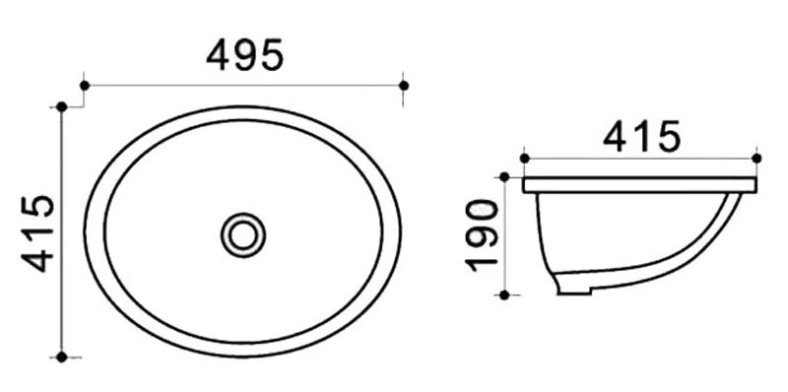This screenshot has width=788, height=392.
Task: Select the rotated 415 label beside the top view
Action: click(x=38, y=232)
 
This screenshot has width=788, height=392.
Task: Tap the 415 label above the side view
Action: click(x=641, y=137)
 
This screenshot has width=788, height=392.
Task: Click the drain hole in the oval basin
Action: click(x=242, y=234)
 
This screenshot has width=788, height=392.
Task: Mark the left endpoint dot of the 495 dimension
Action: click(x=85, y=86)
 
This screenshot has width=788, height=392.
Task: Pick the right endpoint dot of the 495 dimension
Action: click(x=404, y=86)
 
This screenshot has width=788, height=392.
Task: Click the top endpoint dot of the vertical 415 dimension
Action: click(x=62, y=105)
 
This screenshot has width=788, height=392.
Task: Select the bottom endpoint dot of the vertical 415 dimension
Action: click(x=62, y=357)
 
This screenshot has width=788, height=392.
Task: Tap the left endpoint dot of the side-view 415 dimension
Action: click(x=524, y=158)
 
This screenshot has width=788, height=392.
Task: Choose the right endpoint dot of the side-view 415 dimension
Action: click(x=756, y=158)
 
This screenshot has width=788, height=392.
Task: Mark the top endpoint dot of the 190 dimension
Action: click(x=505, y=177)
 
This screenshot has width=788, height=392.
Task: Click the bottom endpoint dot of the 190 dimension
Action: click(x=505, y=294)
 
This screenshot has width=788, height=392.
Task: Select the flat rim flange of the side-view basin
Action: click(x=640, y=185)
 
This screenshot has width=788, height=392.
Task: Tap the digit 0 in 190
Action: click(x=482, y=214)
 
